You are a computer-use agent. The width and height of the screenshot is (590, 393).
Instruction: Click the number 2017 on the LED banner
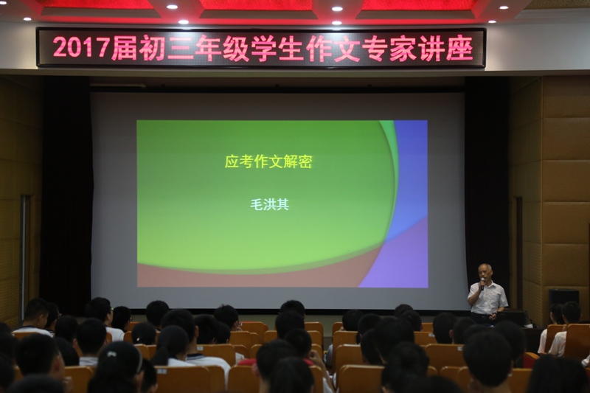tap(81, 47)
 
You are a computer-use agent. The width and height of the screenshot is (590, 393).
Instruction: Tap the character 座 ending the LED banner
tap(459, 49)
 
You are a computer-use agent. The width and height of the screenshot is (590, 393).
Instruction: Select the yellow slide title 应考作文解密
tap(268, 161)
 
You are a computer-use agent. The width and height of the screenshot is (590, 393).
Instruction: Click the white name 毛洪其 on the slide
tap(269, 204)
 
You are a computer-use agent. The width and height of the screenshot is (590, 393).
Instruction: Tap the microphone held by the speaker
tap(482, 283)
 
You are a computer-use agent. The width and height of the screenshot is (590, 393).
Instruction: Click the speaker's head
tap(485, 271)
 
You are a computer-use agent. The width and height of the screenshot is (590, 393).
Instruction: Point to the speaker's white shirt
tap(488, 298)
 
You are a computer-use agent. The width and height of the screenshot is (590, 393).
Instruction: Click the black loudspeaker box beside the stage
tap(563, 298)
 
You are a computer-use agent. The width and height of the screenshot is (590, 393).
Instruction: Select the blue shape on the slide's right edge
tap(410, 177)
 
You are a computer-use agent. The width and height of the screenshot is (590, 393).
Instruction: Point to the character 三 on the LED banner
tap(181, 48)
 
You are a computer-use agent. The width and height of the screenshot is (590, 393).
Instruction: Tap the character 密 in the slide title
tap(305, 161)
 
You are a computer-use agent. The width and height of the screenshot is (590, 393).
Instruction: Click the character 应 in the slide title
tap(232, 161)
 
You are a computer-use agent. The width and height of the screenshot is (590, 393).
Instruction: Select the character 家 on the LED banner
tap(403, 48)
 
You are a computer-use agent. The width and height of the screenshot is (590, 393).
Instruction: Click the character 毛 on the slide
tap(257, 204)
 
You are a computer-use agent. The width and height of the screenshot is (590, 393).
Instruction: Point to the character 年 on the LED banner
tap(209, 48)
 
